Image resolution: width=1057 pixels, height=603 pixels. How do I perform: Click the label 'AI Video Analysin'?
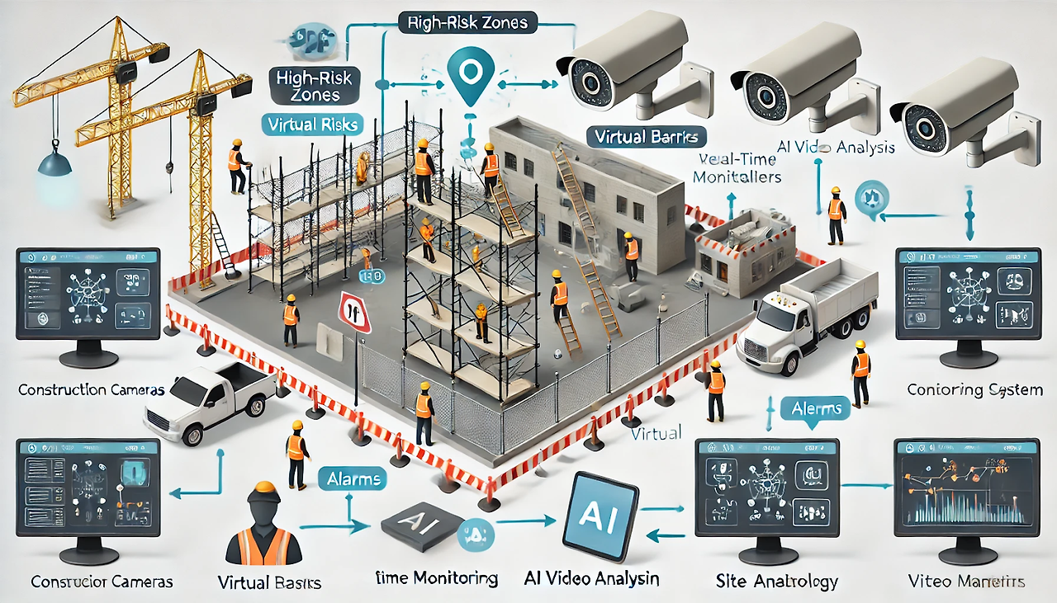coord(591,578)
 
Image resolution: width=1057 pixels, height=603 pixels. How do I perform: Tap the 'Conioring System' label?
coord(974,389)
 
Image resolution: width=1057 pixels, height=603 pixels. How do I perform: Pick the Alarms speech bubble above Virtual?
coord(816,408)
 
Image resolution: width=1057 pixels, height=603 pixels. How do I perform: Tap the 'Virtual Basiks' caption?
coord(268,582)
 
